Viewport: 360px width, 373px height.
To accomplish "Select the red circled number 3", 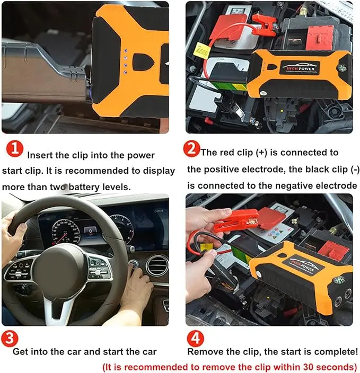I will point(10,338).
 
